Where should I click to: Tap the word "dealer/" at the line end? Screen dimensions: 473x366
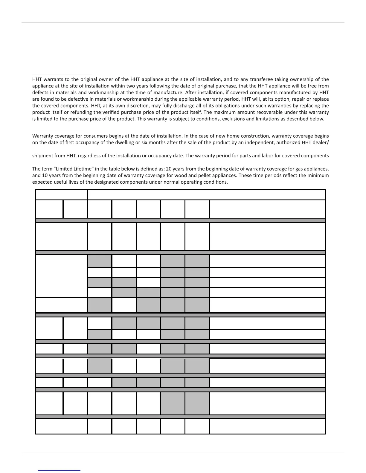[321, 142]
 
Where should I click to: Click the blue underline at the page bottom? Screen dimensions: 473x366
[59, 470]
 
